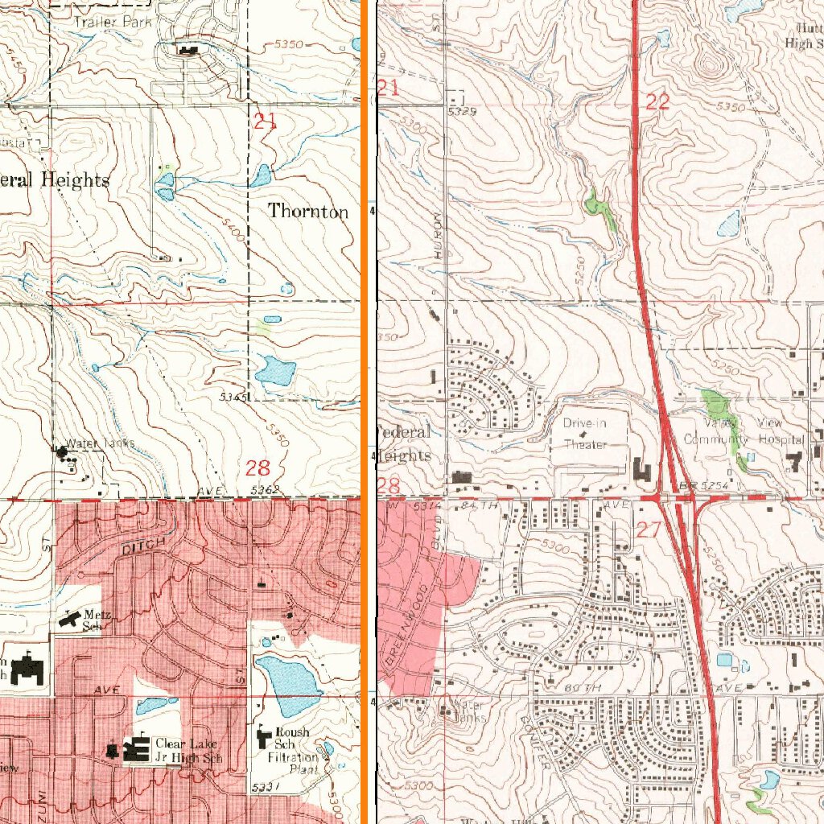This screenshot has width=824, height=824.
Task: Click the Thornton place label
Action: tap(308, 212)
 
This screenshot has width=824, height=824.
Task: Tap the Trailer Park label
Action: tap(113, 23)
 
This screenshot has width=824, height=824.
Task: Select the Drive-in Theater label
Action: tap(586, 434)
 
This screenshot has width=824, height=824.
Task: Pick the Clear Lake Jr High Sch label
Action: tap(186, 750)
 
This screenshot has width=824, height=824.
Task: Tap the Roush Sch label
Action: tap(293, 738)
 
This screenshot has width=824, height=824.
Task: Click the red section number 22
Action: tap(657, 101)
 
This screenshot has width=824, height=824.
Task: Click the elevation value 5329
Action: tap(463, 111)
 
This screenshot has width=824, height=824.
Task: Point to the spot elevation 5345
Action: tap(231, 398)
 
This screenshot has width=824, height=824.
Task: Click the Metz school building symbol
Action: tap(70, 618)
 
